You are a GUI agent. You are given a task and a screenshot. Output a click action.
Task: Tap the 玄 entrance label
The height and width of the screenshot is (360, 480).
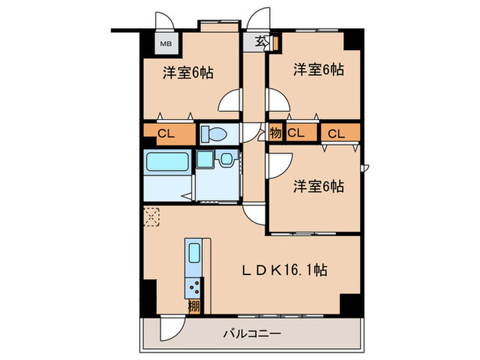pos(262,42)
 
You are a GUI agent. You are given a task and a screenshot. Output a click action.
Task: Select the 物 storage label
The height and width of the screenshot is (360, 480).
pos(275,132)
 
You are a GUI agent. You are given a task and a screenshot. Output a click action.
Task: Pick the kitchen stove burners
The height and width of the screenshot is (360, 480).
pos(194,287)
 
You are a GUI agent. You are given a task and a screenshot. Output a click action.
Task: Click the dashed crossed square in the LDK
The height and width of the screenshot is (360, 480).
pos(152,217)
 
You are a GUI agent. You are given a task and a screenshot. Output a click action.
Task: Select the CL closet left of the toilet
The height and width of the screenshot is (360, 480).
pos(165,133)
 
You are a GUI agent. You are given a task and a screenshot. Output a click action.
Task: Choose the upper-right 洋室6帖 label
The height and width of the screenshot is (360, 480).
pos(319,69)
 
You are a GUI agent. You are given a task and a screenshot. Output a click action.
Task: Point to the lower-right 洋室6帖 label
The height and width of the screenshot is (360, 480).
pos(319,186)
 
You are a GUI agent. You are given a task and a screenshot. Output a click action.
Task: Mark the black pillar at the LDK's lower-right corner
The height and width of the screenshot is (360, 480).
pos(350,302)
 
